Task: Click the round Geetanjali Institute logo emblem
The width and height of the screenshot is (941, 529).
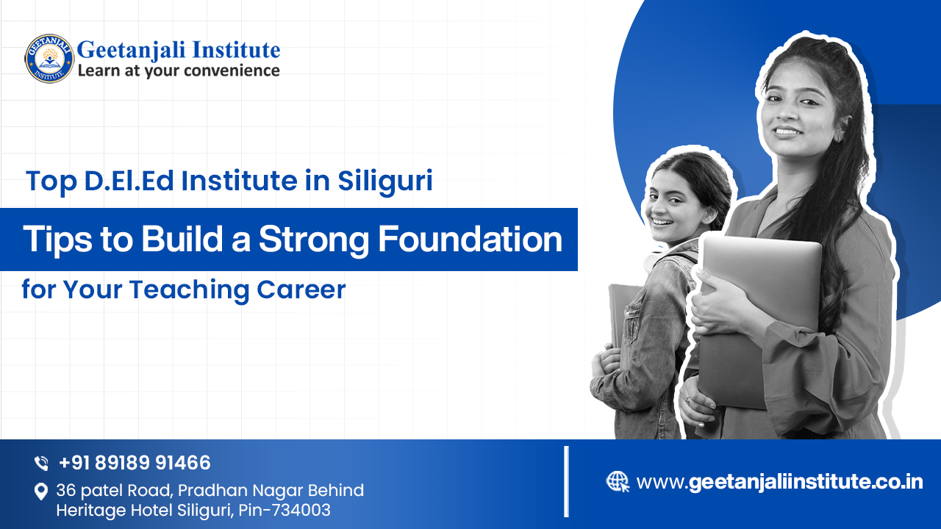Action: click(49, 58)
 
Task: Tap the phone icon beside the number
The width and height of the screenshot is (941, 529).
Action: click(41, 464)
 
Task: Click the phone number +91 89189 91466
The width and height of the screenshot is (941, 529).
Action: click(135, 463)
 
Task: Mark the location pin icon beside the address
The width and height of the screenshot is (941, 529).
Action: click(41, 492)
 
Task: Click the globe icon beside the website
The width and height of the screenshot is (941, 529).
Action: click(618, 482)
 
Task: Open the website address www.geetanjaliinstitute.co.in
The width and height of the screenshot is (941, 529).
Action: click(779, 482)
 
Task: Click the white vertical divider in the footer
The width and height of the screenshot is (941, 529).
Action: click(566, 481)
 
